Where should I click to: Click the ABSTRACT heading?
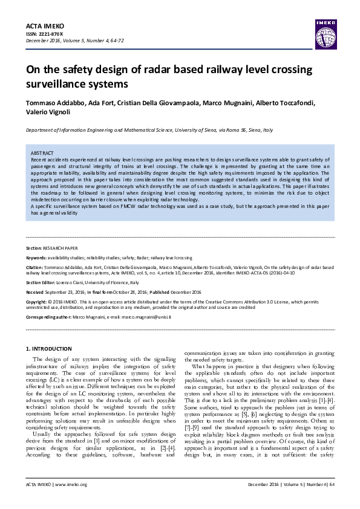pyautogui.click(x=42, y=153)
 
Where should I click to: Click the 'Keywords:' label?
pyautogui.click(x=36, y=258)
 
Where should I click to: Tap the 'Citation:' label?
pyautogui.click(x=35, y=266)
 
